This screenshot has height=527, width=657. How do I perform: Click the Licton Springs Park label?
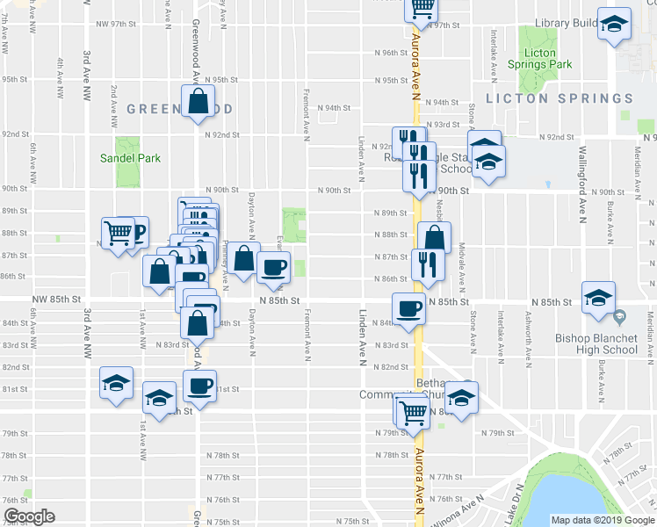(540, 59)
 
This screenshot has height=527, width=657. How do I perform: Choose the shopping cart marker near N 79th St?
(412, 411)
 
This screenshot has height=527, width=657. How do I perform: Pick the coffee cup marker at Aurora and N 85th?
(408, 308)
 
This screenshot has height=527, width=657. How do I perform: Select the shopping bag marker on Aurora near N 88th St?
(434, 237)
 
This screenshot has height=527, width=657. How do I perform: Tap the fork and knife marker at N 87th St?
(426, 263)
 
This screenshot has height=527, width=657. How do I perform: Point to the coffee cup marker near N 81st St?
(199, 386)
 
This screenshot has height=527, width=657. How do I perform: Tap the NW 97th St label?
(117, 26)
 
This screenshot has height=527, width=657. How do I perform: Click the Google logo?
(28, 516)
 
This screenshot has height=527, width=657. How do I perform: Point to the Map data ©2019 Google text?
(602, 520)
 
